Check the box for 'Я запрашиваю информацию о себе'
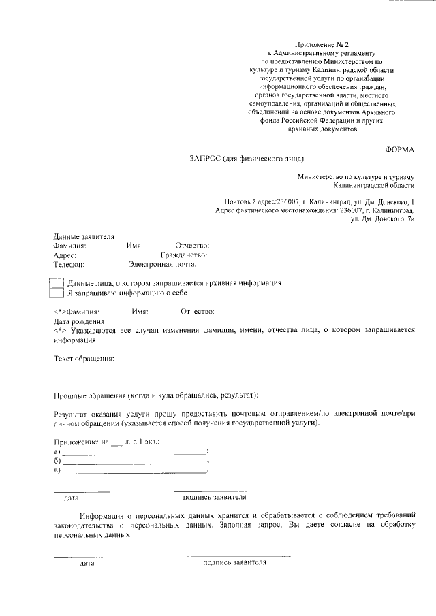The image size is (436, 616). [57, 293]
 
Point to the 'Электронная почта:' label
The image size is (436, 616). [162, 265]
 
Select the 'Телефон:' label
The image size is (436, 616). [69, 265]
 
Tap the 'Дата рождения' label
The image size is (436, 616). [78, 321]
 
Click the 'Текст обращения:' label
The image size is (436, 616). [84, 358]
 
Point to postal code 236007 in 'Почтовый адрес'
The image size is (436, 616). [286, 202]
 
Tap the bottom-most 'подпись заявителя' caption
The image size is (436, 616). [234, 563]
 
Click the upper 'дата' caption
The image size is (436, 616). [72, 498]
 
